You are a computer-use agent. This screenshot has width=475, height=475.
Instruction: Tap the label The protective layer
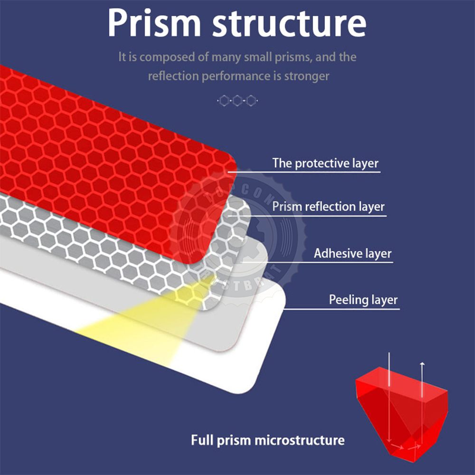[x=325, y=163]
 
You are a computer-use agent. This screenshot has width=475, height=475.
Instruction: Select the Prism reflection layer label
[x=328, y=207]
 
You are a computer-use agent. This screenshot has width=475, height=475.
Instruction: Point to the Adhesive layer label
[x=352, y=254]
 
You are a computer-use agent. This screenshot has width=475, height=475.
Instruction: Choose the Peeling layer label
[x=363, y=300]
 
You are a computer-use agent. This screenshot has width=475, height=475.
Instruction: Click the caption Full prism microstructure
[x=267, y=440]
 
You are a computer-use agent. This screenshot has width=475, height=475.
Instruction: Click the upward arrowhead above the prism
[x=422, y=364]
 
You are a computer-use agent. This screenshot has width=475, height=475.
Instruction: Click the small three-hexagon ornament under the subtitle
[x=238, y=101]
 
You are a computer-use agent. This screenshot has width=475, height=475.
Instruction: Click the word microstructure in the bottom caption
[x=299, y=440]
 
